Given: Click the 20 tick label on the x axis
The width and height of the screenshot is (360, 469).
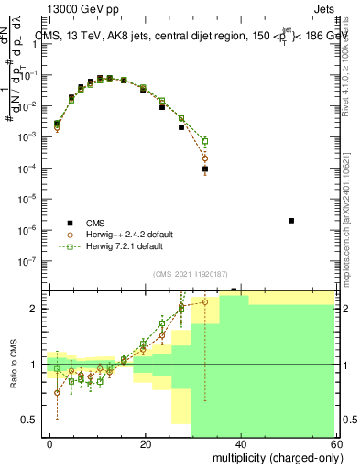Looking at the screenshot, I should click(145, 442).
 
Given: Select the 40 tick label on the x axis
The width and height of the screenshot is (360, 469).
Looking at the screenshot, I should click(240, 442).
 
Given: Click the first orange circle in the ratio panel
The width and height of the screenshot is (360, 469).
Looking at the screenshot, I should click(57, 392).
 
